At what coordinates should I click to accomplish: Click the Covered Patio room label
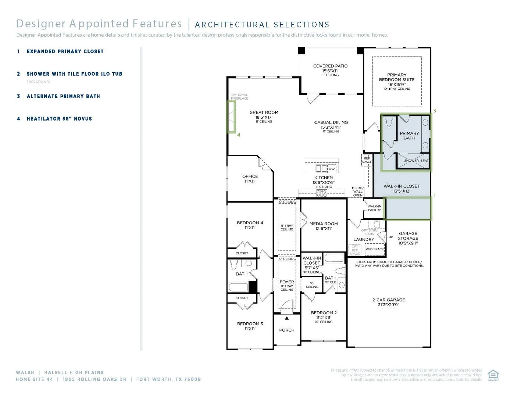click(330, 67)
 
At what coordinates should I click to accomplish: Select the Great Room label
click(264, 113)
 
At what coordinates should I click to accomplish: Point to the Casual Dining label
click(331, 123)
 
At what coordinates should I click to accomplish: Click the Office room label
click(250, 177)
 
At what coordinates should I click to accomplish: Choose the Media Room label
click(324, 224)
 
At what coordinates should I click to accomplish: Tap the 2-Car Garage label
click(388, 300)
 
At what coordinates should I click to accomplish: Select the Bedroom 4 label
click(250, 223)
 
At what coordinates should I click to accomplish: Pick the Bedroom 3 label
click(250, 324)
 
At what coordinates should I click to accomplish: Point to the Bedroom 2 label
click(324, 313)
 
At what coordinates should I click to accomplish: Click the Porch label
click(287, 330)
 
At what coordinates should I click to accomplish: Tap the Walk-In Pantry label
click(374, 208)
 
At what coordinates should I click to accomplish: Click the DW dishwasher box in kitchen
click(332, 169)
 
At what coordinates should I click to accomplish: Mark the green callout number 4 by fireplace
click(239, 135)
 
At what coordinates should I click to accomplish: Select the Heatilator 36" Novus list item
click(59, 119)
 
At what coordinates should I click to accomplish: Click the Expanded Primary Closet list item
click(65, 51)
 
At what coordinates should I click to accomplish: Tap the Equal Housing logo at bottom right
click(493, 375)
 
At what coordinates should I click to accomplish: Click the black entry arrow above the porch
click(287, 318)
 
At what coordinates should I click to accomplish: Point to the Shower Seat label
click(416, 161)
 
